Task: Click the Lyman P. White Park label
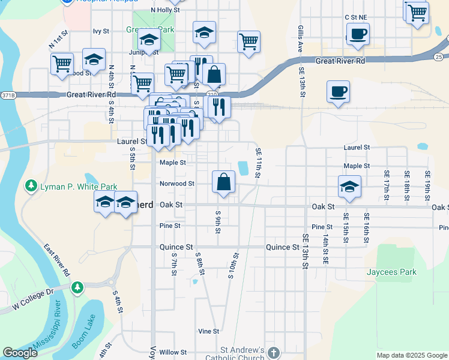[x=79, y=187]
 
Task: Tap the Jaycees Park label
[x=391, y=272]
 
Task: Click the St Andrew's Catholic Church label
[x=242, y=354]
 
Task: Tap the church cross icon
[x=274, y=352]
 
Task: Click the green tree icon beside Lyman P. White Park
[x=31, y=187]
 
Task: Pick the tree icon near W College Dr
[x=77, y=288]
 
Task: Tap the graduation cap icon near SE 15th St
[x=349, y=187]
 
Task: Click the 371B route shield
[x=8, y=95]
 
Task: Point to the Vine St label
[x=208, y=331]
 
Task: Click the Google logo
[x=20, y=353]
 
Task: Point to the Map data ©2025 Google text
[x=411, y=355]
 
